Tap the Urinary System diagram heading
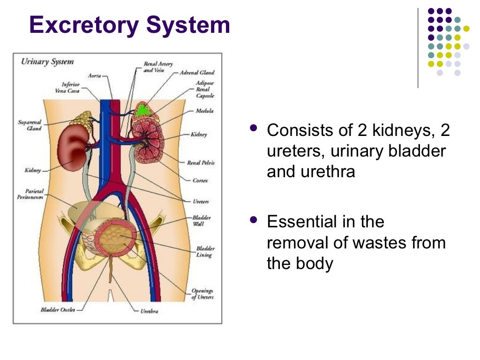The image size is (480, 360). point(47,62)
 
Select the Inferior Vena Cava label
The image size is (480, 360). point(71,88)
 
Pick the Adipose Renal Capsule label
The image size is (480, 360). point(205,89)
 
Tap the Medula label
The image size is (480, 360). point(205,111)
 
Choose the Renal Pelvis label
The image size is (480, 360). point(200,163)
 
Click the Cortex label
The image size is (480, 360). point(200,180)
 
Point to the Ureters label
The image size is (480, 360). point(201,202)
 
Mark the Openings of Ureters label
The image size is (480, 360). point(202,294)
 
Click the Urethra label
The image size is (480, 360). point(150,310)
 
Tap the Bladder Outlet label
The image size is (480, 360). point(55,309)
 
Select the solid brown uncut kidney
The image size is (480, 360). point(74,147)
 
